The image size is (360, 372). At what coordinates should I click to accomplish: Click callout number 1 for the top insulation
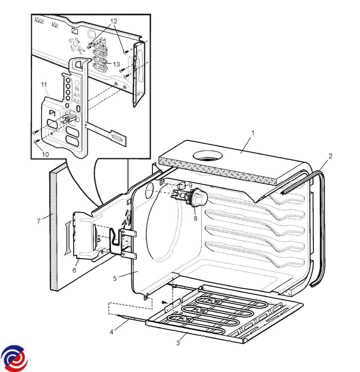[253, 133]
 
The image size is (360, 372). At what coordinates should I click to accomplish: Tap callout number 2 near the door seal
[330, 156]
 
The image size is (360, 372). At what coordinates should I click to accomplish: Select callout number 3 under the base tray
[178, 342]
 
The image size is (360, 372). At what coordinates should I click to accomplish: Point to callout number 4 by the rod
[112, 331]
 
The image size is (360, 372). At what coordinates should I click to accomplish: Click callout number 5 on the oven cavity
[115, 278]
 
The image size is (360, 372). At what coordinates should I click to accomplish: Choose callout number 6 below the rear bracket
[74, 270]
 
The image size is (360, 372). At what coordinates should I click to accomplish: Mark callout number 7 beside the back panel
[39, 221]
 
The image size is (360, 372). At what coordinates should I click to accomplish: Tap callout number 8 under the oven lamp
[195, 219]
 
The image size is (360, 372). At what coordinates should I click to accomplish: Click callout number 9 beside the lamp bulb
[190, 185]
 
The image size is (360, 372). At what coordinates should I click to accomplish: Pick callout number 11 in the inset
[44, 85]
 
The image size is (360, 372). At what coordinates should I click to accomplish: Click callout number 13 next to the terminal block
[116, 64]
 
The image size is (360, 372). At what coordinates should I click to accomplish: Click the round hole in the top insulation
[208, 156]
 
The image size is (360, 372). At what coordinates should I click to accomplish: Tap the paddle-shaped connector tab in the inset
[117, 138]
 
